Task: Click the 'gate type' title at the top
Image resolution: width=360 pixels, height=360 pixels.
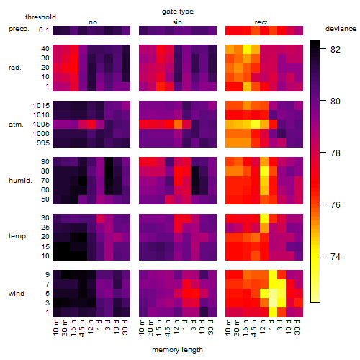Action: click(178, 12)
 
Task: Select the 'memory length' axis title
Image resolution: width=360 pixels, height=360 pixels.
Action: click(177, 350)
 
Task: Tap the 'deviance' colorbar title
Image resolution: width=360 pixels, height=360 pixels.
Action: click(341, 29)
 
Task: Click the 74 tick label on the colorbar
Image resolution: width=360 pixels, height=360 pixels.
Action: click(336, 257)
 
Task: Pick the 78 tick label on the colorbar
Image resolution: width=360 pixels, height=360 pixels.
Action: click(336, 153)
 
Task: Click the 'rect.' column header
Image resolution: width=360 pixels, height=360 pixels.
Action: click(262, 22)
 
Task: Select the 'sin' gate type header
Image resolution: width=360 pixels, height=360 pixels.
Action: click(177, 22)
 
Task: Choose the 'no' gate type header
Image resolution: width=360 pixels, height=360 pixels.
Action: click(93, 22)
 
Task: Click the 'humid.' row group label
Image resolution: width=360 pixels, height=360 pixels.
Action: click(20, 181)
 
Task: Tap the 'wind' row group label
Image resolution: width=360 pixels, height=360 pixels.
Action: click(17, 294)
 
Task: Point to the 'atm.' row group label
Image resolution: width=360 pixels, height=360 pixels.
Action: click(16, 125)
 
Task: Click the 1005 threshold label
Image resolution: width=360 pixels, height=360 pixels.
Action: click(41, 125)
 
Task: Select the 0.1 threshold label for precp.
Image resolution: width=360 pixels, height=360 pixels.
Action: click(44, 30)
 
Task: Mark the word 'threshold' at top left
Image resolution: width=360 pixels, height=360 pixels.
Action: click(40, 17)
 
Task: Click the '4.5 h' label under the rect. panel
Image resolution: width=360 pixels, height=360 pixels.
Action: click(253, 328)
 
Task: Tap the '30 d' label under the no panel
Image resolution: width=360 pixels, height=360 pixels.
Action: click(125, 327)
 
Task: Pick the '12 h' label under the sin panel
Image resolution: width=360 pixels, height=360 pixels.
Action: click(176, 327)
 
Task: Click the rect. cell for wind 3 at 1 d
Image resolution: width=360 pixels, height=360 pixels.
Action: click(273, 303)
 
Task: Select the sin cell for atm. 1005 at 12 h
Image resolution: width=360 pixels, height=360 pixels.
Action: click(178, 125)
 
